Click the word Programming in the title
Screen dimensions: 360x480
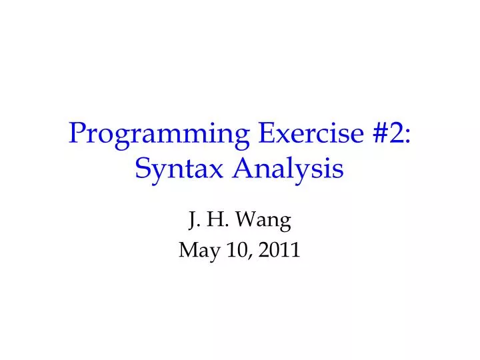coord(157,136)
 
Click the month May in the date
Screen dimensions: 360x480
coord(196,251)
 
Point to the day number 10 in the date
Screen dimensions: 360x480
coord(230,250)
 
